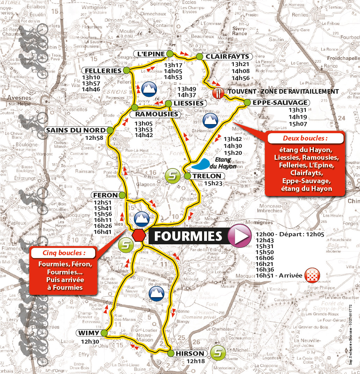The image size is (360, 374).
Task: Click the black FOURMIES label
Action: [188, 236]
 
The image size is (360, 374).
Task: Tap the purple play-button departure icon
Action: [240, 236]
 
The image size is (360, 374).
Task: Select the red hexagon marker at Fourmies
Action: [139, 235]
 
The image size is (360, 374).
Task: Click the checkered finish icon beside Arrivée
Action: [312, 275]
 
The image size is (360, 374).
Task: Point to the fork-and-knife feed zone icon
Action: [219, 92]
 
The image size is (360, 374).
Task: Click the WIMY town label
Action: [88, 332]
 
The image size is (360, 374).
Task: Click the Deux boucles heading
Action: [305, 138]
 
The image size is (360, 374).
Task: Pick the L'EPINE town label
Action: [151, 53]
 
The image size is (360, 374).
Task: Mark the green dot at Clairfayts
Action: [200, 57]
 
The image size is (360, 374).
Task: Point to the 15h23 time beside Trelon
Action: [213, 183]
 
